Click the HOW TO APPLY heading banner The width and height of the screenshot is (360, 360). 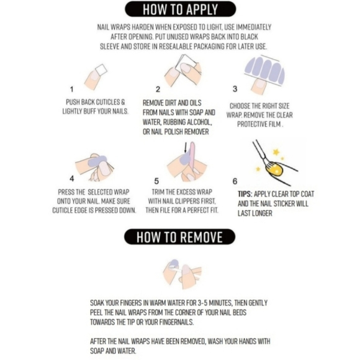[x=180, y=9]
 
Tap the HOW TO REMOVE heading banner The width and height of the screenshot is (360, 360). [x=180, y=236]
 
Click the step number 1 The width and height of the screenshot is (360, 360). [x=71, y=89]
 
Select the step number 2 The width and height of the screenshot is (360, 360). [x=158, y=89]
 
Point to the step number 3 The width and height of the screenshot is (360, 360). [x=235, y=89]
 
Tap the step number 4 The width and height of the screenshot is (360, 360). [x=72, y=178]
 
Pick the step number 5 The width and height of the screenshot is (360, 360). [x=156, y=181]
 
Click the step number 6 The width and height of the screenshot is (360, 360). [x=235, y=181]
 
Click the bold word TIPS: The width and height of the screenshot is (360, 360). [x=245, y=194]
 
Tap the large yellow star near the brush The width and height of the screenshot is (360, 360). [x=276, y=152]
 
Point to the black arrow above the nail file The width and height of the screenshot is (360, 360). [x=186, y=147]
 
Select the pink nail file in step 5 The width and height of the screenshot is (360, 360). [x=192, y=157]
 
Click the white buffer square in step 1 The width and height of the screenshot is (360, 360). [x=101, y=69]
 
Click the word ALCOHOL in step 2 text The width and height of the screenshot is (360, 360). [x=199, y=122]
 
